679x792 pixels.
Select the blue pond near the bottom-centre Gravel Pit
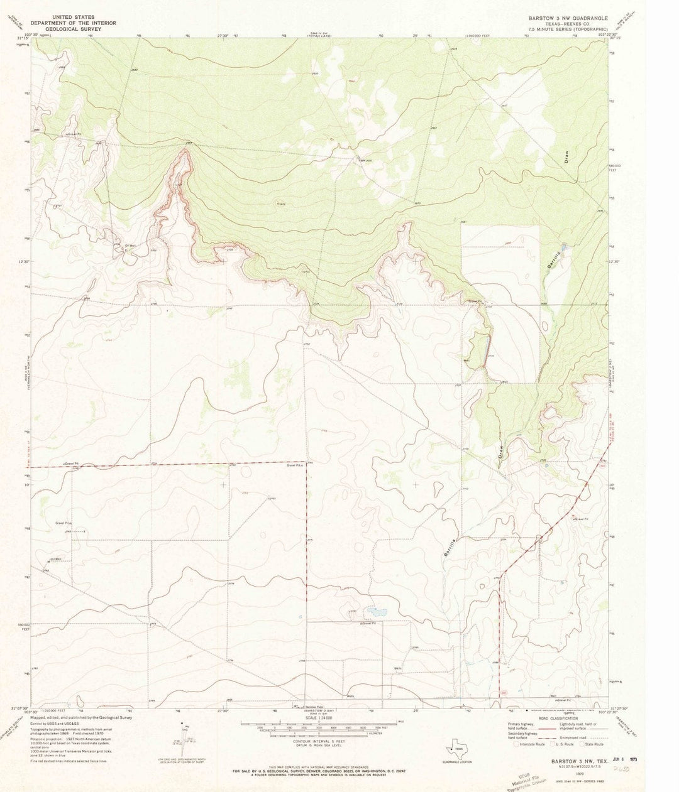point(377,610)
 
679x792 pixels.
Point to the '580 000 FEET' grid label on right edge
point(619,168)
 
